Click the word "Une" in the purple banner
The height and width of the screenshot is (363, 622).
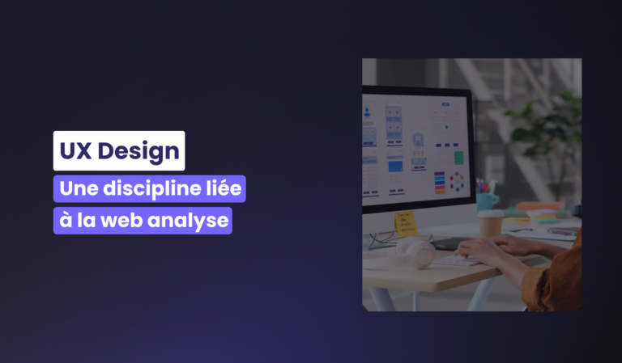point(79,188)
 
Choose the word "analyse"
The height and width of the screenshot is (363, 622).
point(188,222)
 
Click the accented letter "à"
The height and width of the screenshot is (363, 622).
point(66,220)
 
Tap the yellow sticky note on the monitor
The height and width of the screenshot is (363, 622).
point(406,223)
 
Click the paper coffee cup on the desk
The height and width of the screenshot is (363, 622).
point(490,224)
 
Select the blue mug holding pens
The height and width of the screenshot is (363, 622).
point(486,201)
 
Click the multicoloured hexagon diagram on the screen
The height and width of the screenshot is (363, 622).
point(457,182)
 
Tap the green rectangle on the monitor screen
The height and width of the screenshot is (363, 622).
point(458,158)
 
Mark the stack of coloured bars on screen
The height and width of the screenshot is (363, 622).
point(440,183)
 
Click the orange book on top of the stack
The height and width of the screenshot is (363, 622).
point(539,206)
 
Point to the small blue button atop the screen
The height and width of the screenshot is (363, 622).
point(445,104)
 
